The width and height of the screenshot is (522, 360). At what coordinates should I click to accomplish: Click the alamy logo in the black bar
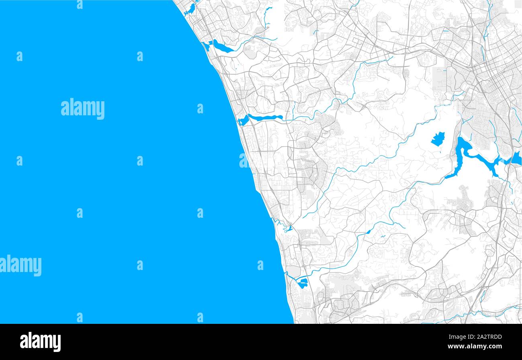tap(40, 342)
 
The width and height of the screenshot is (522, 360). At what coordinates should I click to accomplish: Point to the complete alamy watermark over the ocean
tap(83, 108)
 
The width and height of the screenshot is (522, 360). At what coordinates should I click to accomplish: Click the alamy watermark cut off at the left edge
tap(20, 266)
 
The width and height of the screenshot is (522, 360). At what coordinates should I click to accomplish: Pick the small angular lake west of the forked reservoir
tap(438, 139)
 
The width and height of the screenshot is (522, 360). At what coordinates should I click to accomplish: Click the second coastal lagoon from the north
tap(222, 47)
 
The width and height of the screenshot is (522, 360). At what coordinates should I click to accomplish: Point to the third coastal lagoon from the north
tap(263, 118)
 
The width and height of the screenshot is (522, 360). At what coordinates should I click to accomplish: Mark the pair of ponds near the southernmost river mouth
tap(302, 283)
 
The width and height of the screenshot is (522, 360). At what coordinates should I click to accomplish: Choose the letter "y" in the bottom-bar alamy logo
tap(57, 343)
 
